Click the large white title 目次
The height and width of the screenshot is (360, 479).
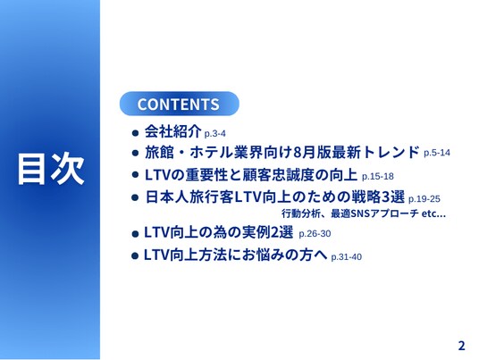click(51, 169)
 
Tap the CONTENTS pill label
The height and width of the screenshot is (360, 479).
click(179, 104)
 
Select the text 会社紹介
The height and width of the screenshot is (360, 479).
click(172, 131)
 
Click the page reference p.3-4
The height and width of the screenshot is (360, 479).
click(214, 134)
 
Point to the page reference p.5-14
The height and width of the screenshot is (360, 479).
click(437, 153)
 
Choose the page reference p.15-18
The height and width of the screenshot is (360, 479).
click(378, 177)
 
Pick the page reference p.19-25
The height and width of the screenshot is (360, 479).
click(424, 199)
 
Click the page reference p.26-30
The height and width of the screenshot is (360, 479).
click(315, 234)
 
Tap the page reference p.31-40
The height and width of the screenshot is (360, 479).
click(347, 256)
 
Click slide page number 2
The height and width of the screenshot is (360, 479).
click(462, 346)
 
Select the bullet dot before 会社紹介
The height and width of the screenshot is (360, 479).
click(135, 133)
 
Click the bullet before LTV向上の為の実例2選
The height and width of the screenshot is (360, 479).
click(135, 234)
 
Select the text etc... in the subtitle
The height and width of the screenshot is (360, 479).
click(433, 213)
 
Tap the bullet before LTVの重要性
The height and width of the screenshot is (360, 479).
click(135, 175)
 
